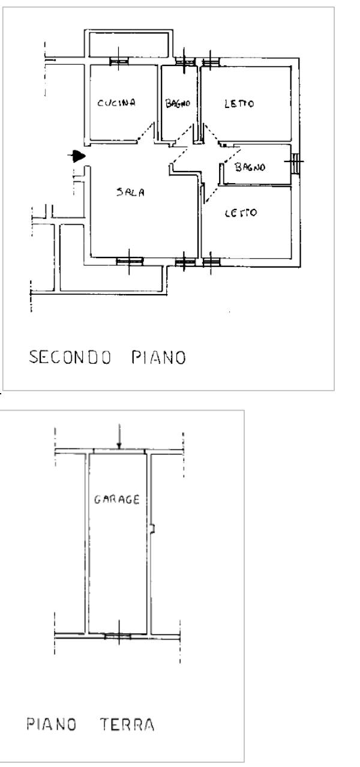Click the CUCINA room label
117,103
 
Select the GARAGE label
117,499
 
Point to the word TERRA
127,724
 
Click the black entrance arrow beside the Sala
77,157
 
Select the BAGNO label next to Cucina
178,103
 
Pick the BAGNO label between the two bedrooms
250,167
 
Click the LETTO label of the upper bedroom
239,103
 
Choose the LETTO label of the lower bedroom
241,212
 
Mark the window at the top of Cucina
119,61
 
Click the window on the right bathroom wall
296,162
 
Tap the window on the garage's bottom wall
118,636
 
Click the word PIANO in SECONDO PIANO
158,358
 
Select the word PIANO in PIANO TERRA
52,724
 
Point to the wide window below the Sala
130,260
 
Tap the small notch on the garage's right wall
154,528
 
